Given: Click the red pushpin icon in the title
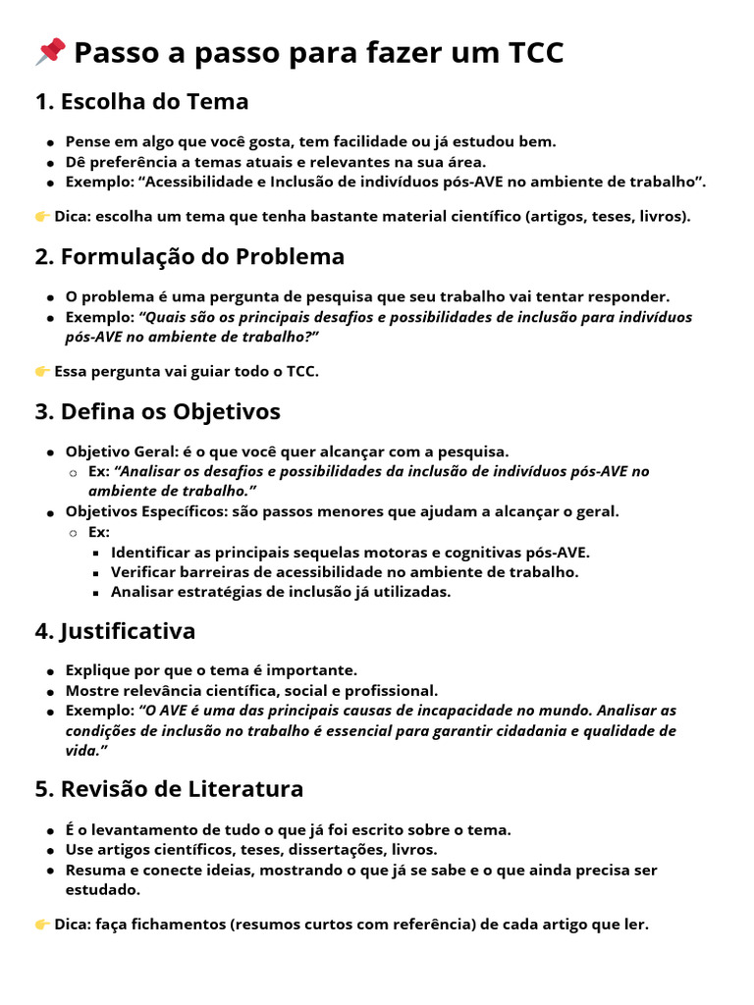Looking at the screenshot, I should (x=50, y=52).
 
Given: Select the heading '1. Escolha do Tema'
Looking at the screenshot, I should (x=141, y=101).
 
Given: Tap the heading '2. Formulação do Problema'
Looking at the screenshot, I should (x=189, y=257).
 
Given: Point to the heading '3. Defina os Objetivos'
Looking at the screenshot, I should (x=157, y=411).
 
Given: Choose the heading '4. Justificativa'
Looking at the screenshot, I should (x=115, y=630).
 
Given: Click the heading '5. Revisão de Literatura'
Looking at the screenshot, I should (x=169, y=789).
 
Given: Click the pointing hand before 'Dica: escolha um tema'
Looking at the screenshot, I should (x=42, y=216).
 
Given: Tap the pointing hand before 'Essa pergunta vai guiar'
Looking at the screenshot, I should (x=42, y=371).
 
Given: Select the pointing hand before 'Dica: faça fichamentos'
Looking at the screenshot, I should (x=42, y=925).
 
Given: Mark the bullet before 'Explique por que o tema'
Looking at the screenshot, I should (x=49, y=671).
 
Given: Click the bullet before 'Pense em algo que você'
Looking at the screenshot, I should (x=49, y=142).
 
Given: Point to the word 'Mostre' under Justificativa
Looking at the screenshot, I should (x=91, y=690).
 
